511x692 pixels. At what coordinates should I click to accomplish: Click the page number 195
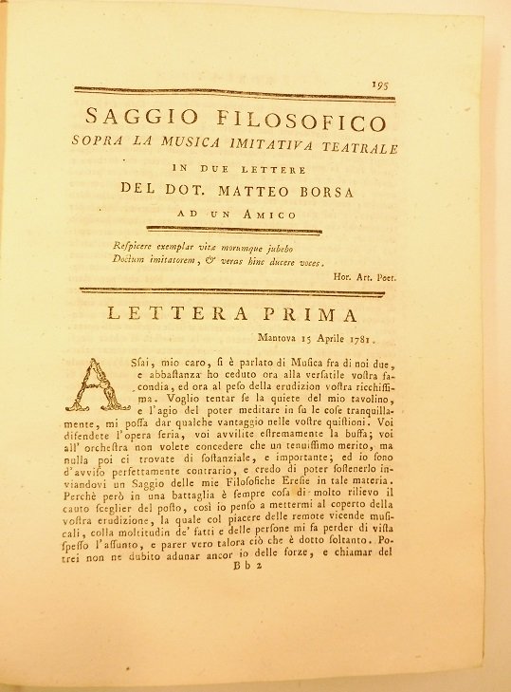click(x=381, y=84)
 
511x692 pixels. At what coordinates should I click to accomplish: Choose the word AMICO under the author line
click(x=274, y=215)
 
